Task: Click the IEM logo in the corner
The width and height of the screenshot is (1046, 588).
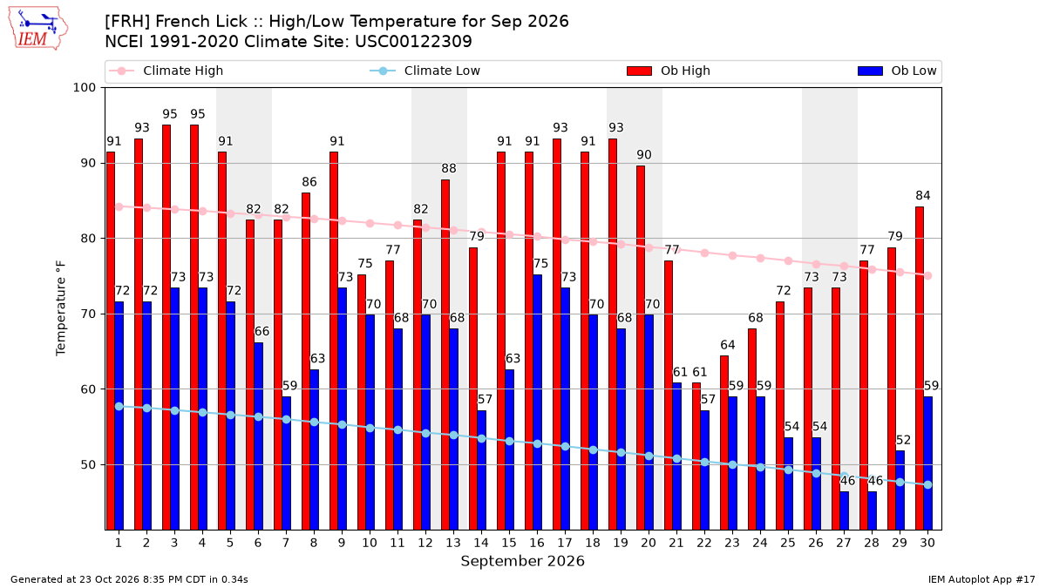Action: tap(37, 29)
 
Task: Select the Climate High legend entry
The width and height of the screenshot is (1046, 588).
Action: tap(166, 71)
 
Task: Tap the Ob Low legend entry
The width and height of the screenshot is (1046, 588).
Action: tap(897, 71)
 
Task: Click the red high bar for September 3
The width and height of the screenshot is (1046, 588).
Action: tap(166, 328)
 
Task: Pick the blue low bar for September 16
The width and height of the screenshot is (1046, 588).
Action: tap(538, 402)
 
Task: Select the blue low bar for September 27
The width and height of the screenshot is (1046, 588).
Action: tap(845, 510)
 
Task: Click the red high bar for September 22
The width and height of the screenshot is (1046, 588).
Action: tap(696, 456)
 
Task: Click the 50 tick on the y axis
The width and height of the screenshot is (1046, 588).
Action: tap(88, 465)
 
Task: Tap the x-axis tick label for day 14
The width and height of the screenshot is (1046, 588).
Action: tap(481, 543)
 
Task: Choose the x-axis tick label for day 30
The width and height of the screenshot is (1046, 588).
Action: tap(927, 543)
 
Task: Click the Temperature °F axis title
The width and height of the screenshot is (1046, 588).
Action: tap(61, 308)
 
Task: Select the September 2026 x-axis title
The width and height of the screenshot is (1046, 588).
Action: tap(522, 561)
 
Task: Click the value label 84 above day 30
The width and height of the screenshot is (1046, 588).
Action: tap(923, 195)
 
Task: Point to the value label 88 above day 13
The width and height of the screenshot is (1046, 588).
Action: tap(449, 168)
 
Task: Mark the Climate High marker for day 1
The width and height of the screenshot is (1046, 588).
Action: tap(119, 206)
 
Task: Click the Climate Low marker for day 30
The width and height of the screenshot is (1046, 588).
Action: tap(927, 485)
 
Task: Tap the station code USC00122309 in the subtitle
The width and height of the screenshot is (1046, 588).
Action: tap(413, 42)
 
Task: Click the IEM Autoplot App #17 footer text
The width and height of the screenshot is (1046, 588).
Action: tap(981, 579)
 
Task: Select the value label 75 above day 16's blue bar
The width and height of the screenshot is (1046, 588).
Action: tap(540, 264)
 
